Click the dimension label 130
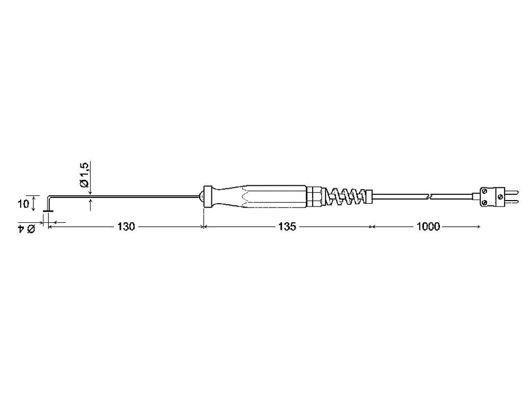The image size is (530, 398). point(126,227)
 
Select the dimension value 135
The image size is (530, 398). point(287,227)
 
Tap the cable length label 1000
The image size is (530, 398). point(428,227)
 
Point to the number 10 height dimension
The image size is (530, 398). point(23,204)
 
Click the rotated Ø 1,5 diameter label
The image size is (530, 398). point(84,175)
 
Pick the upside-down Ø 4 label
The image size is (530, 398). point(26,229)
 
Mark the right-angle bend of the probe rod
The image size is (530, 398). point(49,197)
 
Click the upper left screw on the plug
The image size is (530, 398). point(484,192)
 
